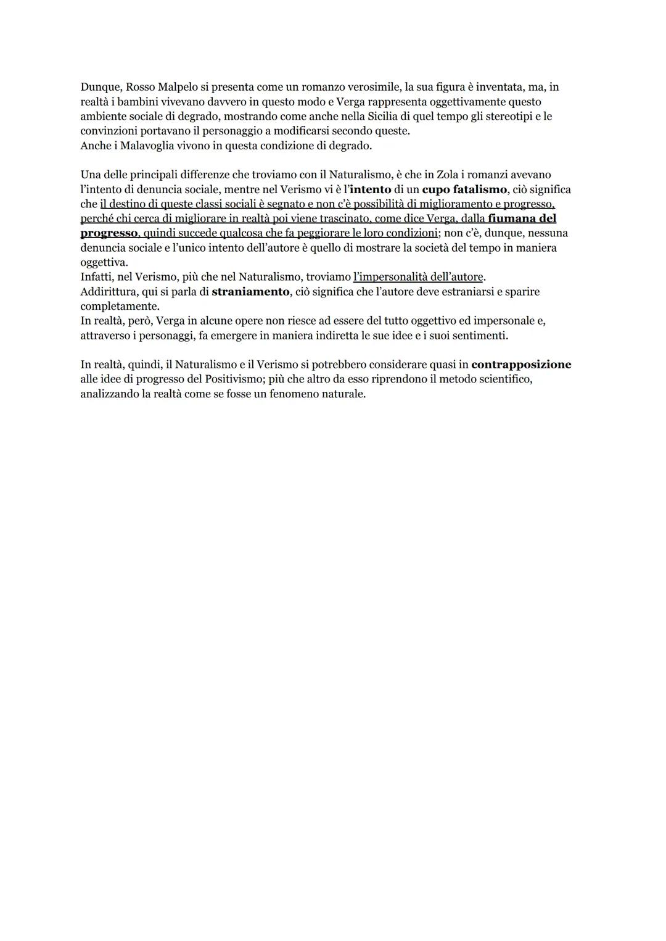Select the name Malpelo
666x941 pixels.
(x=178, y=87)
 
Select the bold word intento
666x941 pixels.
(x=370, y=189)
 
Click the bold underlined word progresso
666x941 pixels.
(x=109, y=233)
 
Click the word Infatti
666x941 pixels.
(x=97, y=277)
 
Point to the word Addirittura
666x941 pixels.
(x=108, y=291)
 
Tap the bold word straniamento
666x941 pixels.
(x=250, y=291)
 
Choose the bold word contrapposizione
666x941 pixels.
(x=521, y=365)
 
